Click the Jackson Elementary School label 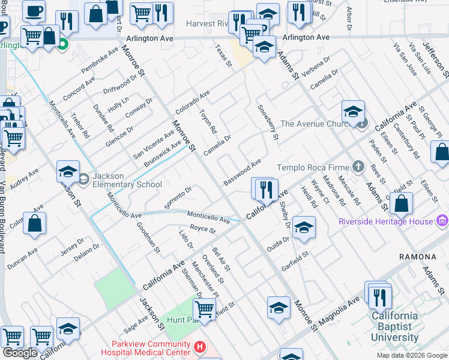(x=127, y=181)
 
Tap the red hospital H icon (x=200, y=347)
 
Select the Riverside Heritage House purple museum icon (x=442, y=221)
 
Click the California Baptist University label (x=394, y=326)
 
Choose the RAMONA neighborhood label (x=417, y=257)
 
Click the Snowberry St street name (x=268, y=123)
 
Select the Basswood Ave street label (x=243, y=172)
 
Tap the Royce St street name (x=202, y=229)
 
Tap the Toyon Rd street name (x=208, y=121)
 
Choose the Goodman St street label (x=148, y=236)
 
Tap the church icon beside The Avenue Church (x=361, y=124)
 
